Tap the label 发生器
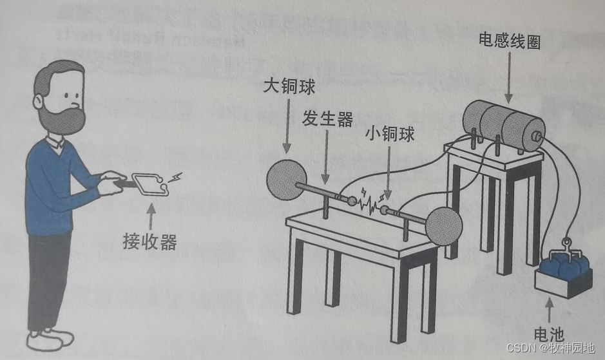327,119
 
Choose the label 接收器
149,242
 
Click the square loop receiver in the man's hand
150,184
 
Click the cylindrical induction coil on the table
503,122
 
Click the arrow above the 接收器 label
150,216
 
